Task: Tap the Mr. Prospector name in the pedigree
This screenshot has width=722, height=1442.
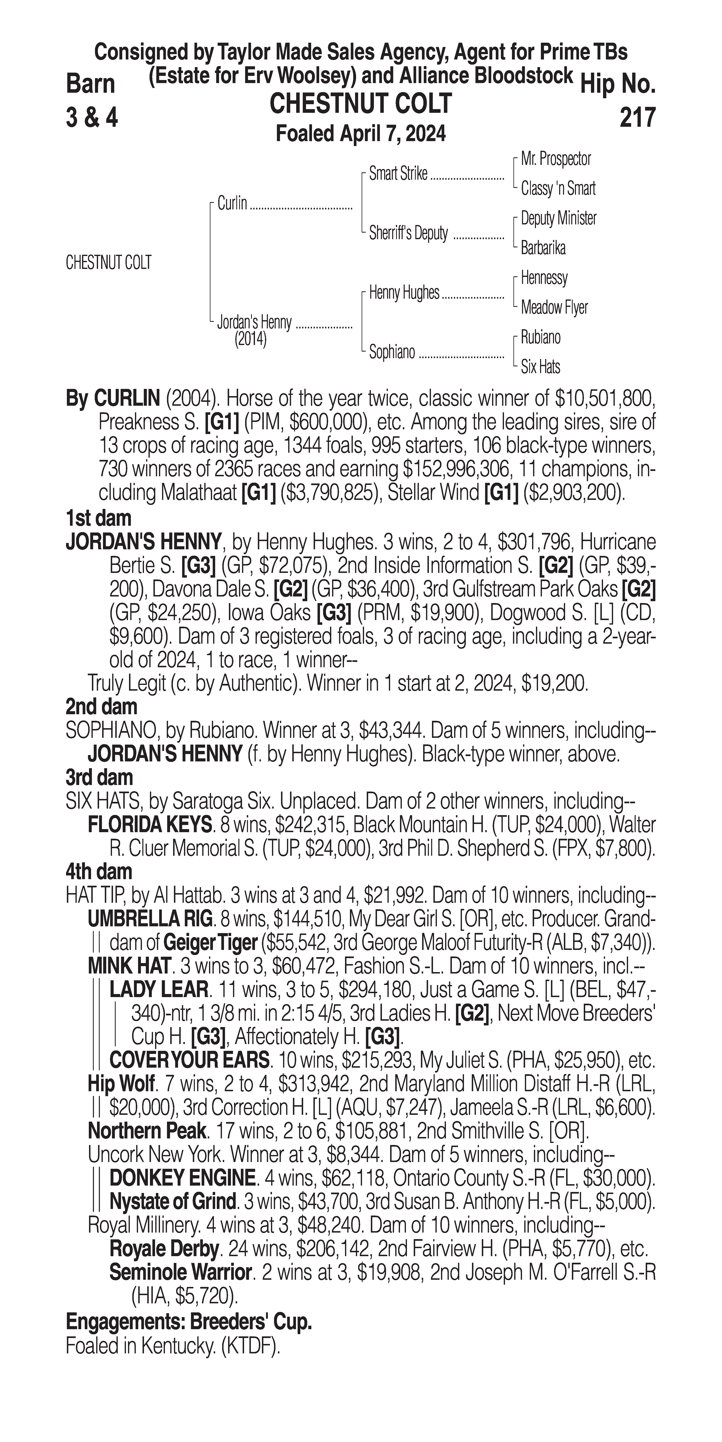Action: point(556,159)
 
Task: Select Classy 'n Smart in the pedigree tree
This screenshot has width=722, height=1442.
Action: point(558,189)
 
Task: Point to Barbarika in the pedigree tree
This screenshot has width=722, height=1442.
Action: point(543,248)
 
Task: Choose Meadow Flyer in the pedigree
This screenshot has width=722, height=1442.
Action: point(554,307)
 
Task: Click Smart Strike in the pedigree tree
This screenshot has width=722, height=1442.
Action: point(398,174)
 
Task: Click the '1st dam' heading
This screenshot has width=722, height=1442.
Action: point(98,518)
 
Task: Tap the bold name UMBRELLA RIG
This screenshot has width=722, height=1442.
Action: point(150,919)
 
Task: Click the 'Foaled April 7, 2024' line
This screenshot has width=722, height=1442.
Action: point(361,134)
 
